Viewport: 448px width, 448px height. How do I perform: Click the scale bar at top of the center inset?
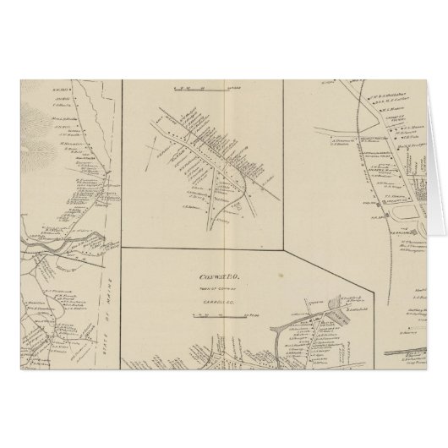(x=203, y=87)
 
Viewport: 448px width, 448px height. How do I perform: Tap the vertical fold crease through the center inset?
(x=221, y=169)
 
